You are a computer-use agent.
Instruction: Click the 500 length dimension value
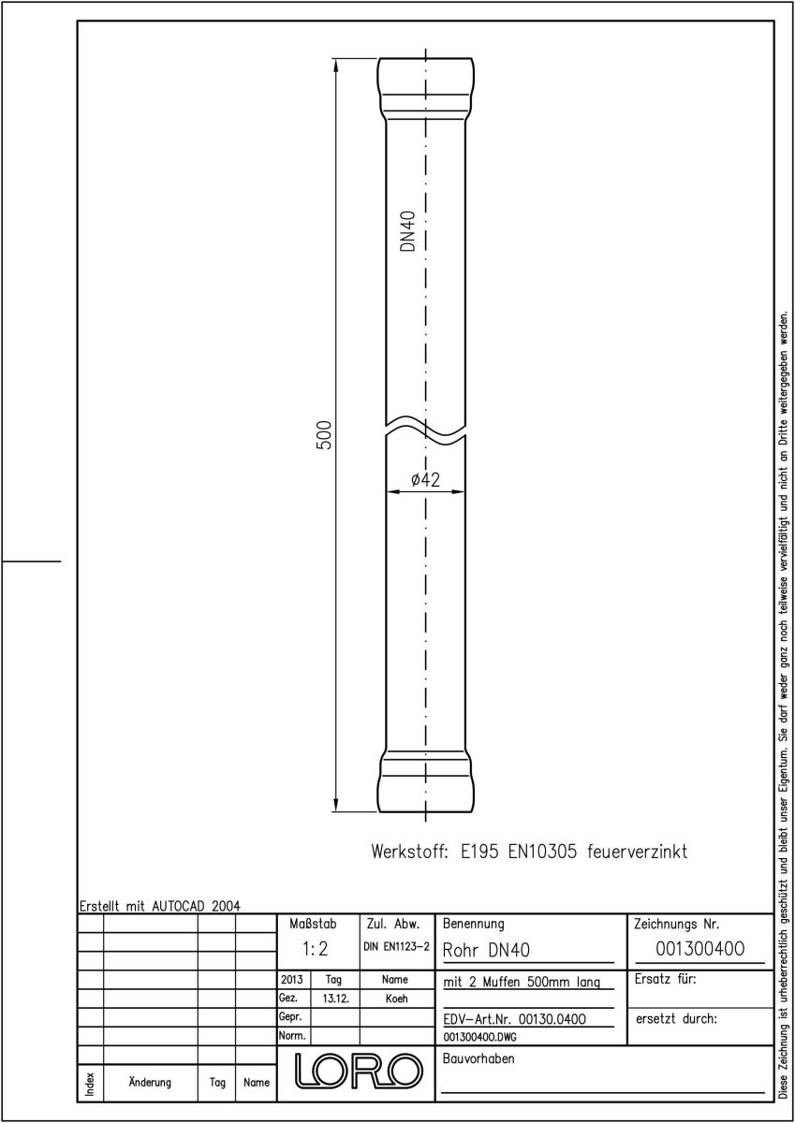[325, 434]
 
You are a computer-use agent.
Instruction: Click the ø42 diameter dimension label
[425, 480]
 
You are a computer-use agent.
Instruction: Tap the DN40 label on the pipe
[408, 231]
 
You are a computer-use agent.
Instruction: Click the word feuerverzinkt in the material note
[637, 852]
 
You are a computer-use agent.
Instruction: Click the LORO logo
[358, 1071]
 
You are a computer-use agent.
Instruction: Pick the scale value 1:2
[315, 949]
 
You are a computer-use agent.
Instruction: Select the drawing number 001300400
[700, 949]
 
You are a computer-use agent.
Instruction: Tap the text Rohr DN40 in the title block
[486, 951]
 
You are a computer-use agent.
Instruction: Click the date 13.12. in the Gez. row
[335, 999]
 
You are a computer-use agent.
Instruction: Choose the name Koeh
[396, 999]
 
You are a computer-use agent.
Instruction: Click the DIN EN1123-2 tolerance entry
[397, 947]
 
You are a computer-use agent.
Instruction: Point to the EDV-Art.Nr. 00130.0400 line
[515, 1019]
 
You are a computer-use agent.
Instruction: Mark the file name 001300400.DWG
[479, 1037]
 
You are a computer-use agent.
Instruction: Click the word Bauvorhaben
[478, 1058]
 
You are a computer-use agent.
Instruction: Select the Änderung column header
[150, 1082]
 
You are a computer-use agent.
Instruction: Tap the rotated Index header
[90, 1084]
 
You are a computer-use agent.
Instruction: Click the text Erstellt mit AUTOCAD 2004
[160, 906]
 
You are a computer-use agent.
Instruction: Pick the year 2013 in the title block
[292, 979]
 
